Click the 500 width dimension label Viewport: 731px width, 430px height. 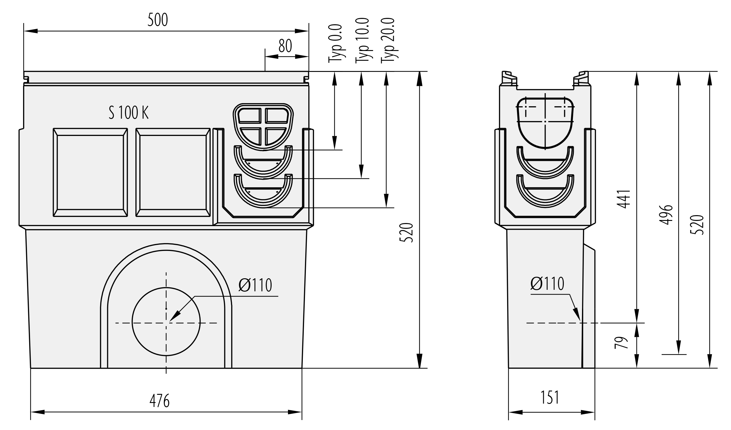click(x=157, y=20)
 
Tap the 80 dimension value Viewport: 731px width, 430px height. click(x=285, y=46)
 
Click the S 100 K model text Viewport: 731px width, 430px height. click(x=129, y=113)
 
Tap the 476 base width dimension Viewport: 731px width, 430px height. click(x=159, y=401)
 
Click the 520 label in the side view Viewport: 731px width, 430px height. click(x=697, y=225)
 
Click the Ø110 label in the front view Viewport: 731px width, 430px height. click(x=255, y=285)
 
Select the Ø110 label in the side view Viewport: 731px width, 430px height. click(x=547, y=284)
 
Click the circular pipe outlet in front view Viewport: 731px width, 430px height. click(x=166, y=321)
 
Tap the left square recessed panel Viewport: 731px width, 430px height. click(x=90, y=172)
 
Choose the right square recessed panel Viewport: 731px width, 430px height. click(x=173, y=172)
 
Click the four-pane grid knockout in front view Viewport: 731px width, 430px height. click(x=263, y=127)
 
